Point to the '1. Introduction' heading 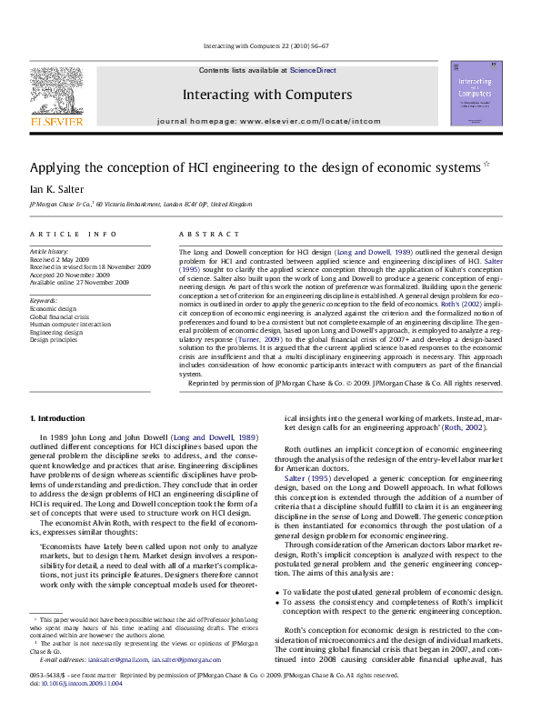tap(58, 417)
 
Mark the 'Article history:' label tap(51, 250)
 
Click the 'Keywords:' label tap(45, 299)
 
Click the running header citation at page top tap(270, 45)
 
